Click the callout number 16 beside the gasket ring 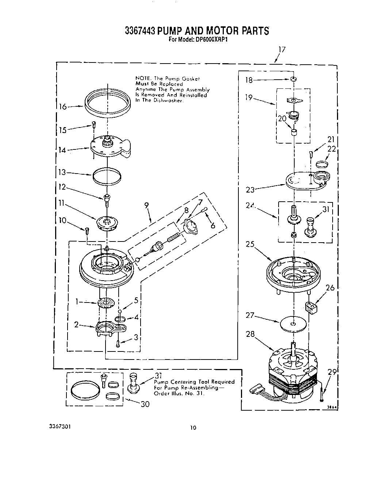[63, 106]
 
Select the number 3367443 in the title [141, 31]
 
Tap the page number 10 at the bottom [193, 427]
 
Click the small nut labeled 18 [293, 79]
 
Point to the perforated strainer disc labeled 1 [106, 303]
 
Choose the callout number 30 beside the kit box [145, 404]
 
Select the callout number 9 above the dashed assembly [146, 205]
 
